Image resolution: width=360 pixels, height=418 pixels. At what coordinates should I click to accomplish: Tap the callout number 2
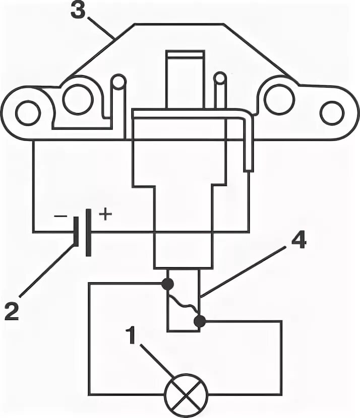[x=11, y=311]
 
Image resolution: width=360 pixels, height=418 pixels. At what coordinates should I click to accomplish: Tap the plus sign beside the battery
[x=105, y=215]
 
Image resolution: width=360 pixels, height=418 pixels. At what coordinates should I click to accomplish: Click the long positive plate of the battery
[x=89, y=232]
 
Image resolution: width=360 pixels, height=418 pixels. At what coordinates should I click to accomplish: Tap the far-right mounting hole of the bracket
[x=332, y=113]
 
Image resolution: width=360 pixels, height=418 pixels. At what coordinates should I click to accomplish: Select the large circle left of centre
[x=78, y=99]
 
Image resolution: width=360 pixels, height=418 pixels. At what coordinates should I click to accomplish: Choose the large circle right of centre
[x=279, y=99]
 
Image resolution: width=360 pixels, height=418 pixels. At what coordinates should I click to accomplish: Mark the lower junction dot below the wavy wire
[x=200, y=321]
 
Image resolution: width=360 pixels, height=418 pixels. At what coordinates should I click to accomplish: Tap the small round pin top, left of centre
[x=118, y=81]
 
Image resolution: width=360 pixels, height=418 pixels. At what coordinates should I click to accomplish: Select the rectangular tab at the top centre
[x=186, y=78]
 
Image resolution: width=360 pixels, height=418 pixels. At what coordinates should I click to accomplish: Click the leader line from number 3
[x=101, y=28]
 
